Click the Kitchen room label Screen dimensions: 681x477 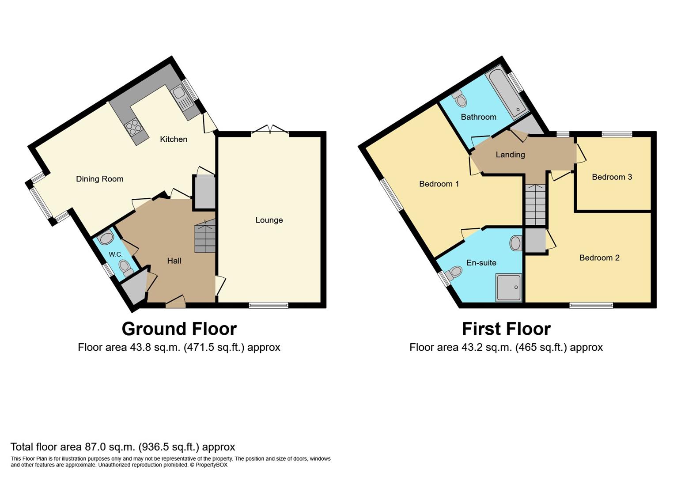174,139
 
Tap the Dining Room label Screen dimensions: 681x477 100,179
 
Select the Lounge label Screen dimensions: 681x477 269,220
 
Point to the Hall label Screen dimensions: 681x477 174,261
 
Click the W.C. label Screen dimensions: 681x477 116,254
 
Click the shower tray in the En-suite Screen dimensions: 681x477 509,288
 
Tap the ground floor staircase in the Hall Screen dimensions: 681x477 205,237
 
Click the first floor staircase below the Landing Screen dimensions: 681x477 535,204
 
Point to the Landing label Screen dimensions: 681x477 511,155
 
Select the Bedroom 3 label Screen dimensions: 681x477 612,177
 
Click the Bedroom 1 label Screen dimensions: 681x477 439,184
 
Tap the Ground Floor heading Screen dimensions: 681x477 179,329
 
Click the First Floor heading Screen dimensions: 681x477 507,329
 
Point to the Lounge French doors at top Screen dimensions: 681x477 270,129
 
